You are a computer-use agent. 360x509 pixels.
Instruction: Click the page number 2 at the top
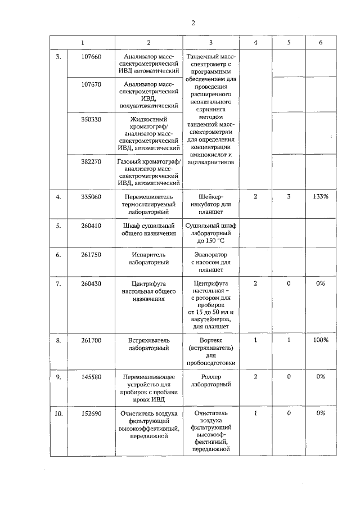[193, 23]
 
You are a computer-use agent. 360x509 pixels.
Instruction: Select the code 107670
[91, 84]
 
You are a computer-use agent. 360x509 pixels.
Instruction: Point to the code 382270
[91, 162]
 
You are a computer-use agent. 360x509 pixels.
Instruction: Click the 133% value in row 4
[321, 197]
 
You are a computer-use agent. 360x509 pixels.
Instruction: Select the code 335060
[91, 197]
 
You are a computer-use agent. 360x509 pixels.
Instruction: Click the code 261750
[91, 254]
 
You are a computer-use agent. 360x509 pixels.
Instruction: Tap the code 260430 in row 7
[91, 284]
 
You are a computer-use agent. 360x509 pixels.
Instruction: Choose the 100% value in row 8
[321, 340]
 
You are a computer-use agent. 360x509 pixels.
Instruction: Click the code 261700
[91, 341]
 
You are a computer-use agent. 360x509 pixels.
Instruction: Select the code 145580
[91, 377]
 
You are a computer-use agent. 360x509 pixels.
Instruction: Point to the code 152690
[91, 413]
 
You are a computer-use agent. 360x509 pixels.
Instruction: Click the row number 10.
[58, 413]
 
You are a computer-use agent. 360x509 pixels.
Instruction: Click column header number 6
[321, 43]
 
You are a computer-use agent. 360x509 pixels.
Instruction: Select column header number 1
[83, 43]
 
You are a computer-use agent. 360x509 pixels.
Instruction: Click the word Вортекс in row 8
[211, 341]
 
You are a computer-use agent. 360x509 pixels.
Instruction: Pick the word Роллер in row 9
[211, 377]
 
